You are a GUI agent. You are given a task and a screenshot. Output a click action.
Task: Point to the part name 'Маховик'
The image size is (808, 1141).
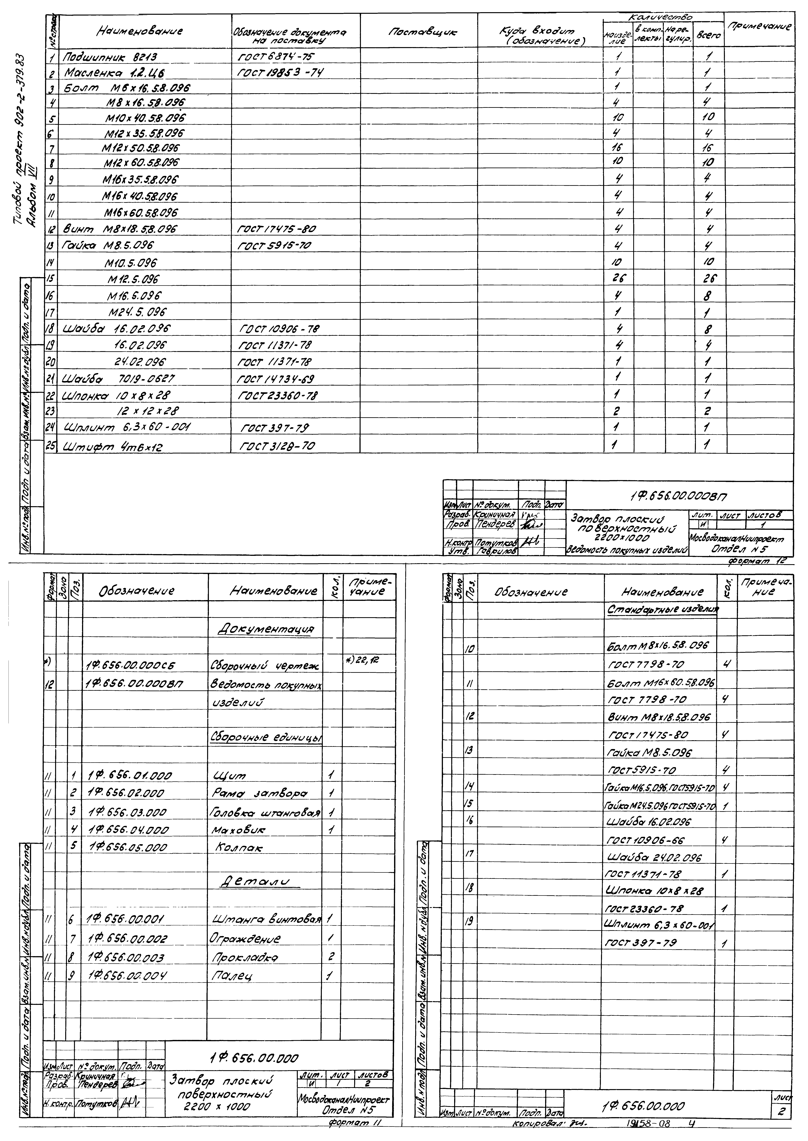click(x=239, y=830)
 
